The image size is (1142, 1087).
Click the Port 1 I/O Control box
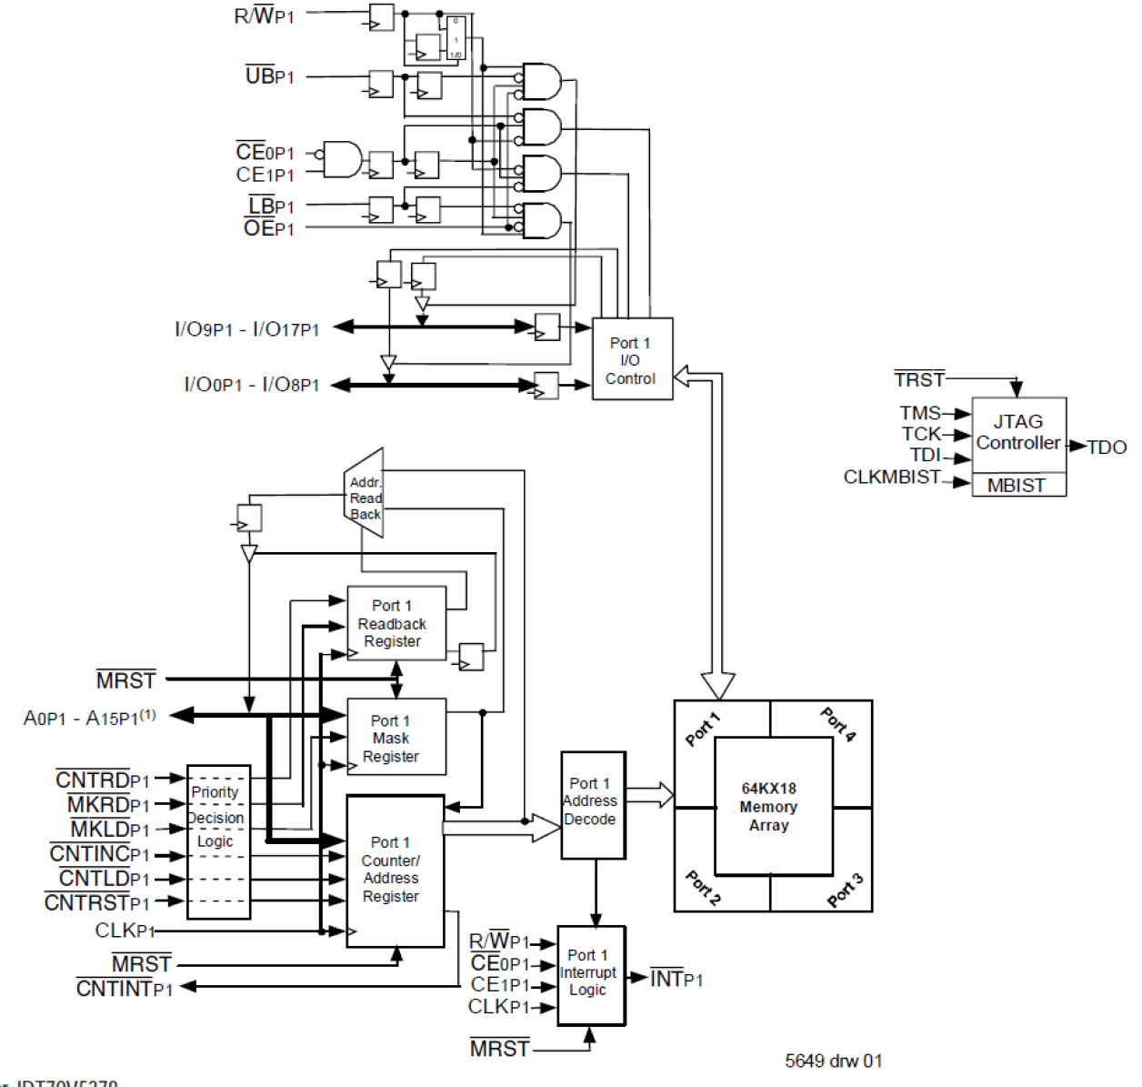click(632, 359)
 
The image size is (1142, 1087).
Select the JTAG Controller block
click(1018, 434)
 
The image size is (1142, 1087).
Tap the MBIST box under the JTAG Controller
click(1018, 486)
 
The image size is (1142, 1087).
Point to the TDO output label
click(1107, 448)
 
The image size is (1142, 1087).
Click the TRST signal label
click(919, 379)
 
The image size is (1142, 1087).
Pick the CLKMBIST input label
click(891, 478)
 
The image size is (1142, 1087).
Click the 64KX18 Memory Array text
click(769, 807)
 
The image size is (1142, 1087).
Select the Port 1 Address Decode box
click(593, 804)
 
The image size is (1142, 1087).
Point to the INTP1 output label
click(677, 979)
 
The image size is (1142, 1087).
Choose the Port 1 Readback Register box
click(396, 623)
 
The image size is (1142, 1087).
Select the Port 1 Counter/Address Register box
click(395, 871)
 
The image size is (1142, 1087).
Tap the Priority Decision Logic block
click(218, 841)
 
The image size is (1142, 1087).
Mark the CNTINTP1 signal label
click(125, 989)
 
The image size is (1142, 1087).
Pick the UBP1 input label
click(270, 76)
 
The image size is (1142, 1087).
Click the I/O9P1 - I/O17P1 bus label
click(247, 329)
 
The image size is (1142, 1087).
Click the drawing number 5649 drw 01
click(833, 1061)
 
